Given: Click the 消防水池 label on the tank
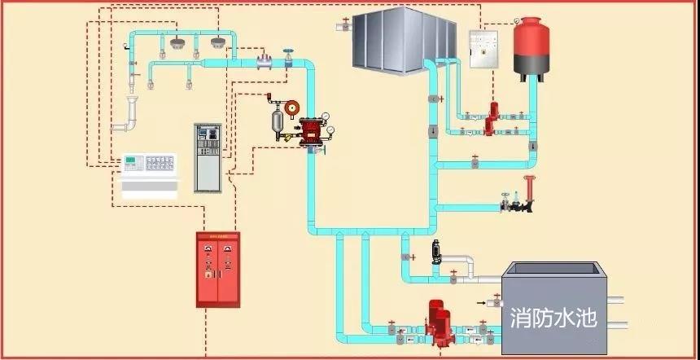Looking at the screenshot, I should (553, 316).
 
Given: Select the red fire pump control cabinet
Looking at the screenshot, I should (218, 269).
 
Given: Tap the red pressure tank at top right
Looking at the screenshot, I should (530, 46).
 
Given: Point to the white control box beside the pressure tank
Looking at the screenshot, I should (483, 49).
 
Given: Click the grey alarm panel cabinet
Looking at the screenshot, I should (207, 156).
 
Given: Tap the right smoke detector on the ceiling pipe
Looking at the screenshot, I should (217, 41).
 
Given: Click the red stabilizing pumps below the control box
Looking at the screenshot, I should (491, 120).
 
